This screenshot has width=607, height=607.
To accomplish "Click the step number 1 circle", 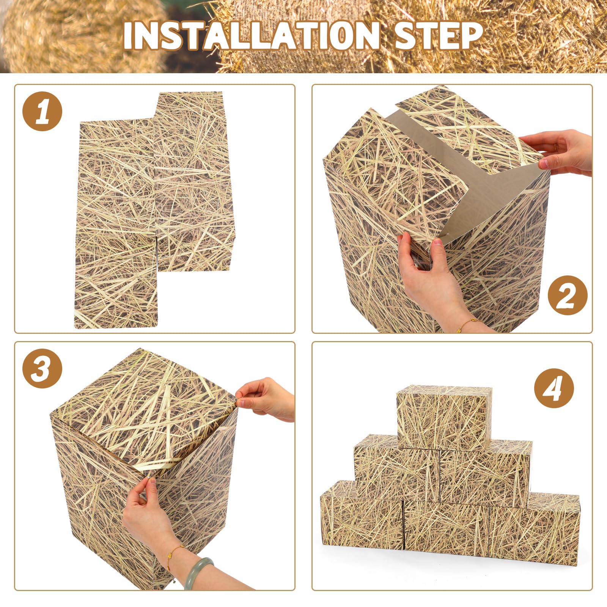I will [42, 111].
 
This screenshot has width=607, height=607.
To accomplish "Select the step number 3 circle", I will [42, 368].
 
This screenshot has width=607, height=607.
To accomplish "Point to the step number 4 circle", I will [554, 388].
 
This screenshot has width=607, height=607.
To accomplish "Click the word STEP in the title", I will [438, 36].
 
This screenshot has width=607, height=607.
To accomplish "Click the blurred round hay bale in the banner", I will [76, 38].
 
